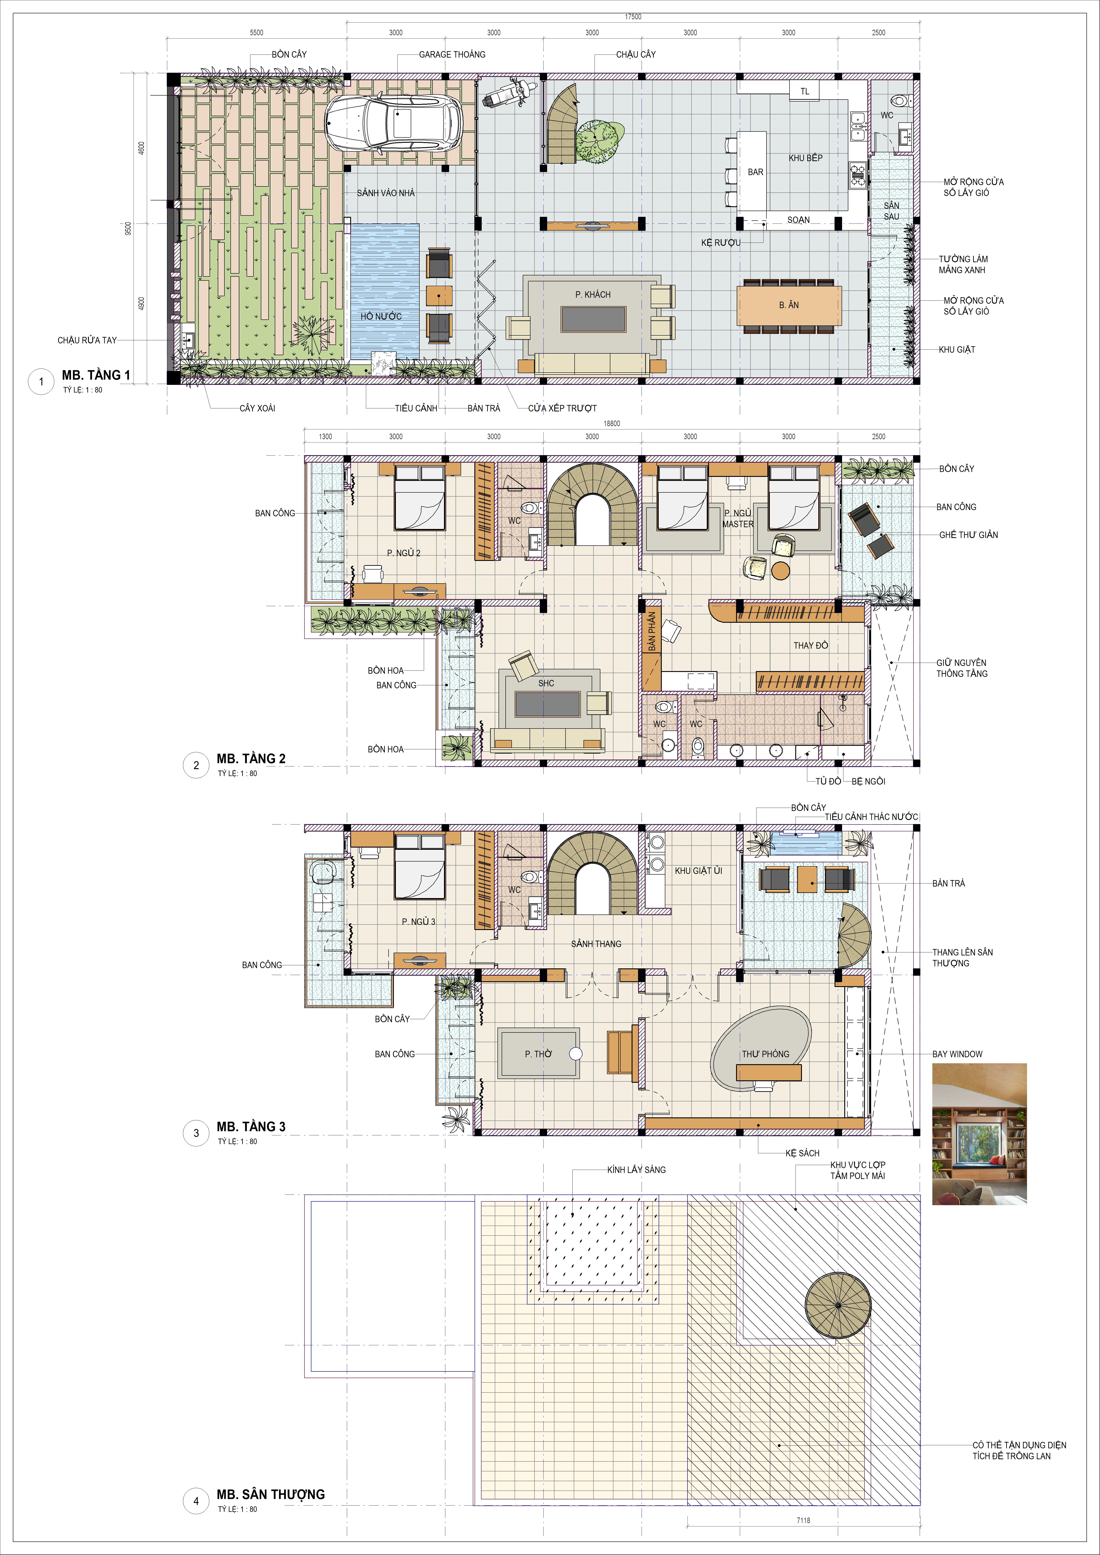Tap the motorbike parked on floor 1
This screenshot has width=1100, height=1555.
click(509, 93)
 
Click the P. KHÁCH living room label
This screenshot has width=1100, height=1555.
click(593, 295)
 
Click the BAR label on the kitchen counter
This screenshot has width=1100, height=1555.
click(755, 172)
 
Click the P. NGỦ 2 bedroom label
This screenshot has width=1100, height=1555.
click(404, 553)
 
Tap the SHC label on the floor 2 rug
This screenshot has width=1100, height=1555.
click(546, 683)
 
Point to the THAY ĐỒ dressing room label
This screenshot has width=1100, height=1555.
click(811, 645)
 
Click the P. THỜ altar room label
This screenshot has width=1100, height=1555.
click(538, 1054)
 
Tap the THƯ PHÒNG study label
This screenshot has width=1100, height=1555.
click(765, 1054)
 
